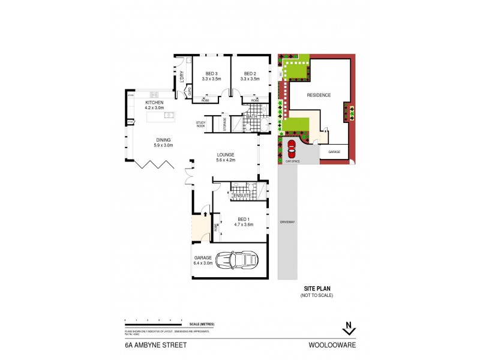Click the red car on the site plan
pos(292,148)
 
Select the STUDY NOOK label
pos(200,124)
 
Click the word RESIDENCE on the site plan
pos(319,95)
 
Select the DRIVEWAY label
pos(287,222)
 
